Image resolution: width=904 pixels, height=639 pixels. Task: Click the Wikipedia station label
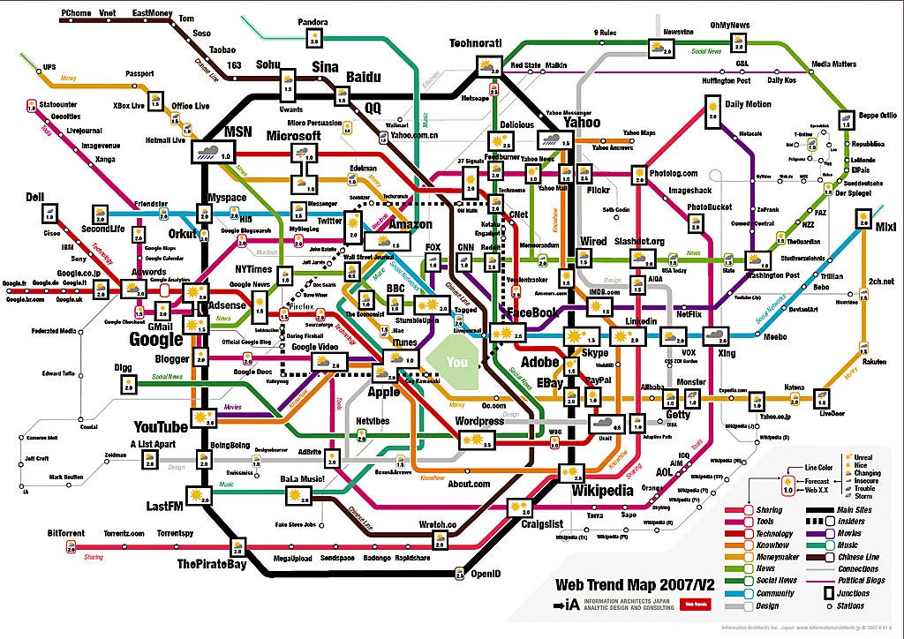click(603, 491)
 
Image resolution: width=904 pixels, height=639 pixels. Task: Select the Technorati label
click(475, 43)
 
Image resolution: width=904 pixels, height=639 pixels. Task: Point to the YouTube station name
click(161, 427)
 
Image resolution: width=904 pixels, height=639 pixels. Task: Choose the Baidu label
click(363, 78)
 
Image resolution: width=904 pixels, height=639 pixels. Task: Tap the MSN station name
click(238, 132)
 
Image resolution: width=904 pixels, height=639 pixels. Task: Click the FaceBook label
click(533, 312)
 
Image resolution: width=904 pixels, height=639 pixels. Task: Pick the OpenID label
click(486, 573)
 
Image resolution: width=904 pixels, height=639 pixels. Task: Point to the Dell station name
click(34, 196)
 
